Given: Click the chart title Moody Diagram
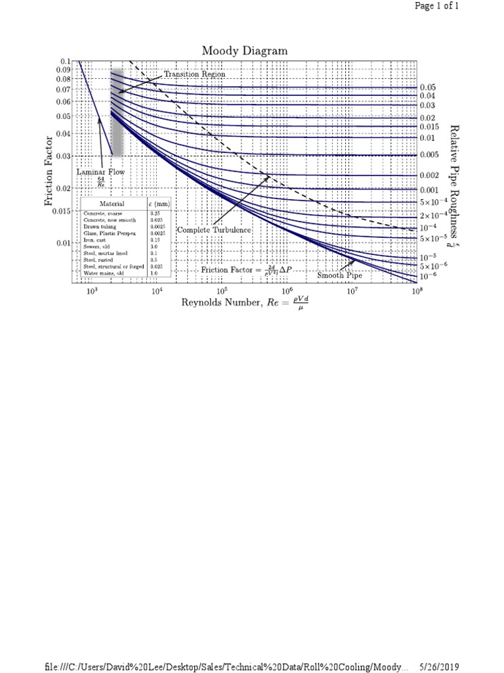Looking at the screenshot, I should point(244,51).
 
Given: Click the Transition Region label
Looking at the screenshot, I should point(194,74).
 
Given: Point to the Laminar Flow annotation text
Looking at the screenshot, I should point(100,172).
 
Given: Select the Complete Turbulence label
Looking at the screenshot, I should point(214,230).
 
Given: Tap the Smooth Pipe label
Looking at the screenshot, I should point(339,275).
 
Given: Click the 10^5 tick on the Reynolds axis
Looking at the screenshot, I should point(221,290).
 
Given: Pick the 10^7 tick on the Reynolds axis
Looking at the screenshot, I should point(352,290).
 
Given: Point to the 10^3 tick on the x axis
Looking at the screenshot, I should point(91,290).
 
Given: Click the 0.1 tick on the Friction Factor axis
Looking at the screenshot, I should point(65,61).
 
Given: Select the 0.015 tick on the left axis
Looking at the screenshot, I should point(62,211).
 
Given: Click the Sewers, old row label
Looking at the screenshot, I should point(96,246).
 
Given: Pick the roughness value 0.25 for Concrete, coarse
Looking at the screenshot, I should point(154,214).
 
